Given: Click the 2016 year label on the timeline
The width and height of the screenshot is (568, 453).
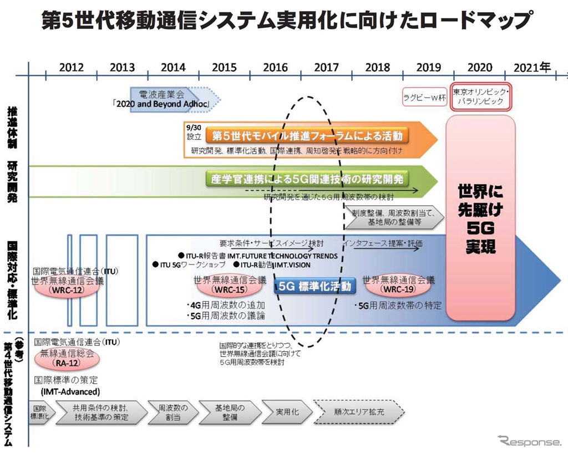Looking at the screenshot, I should click(275, 68).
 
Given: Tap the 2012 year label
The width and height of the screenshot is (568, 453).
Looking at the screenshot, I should click(72, 68).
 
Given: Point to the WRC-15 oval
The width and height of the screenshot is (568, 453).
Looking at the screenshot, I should click(221, 289).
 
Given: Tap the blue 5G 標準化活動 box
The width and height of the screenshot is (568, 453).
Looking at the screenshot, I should click(314, 287).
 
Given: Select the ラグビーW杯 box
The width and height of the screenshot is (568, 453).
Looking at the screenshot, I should click(424, 98).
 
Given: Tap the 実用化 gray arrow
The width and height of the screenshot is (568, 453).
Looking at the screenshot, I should click(287, 413).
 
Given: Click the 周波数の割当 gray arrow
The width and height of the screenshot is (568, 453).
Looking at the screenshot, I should click(173, 413).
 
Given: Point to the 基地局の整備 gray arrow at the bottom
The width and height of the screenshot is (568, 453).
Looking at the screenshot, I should click(230, 413).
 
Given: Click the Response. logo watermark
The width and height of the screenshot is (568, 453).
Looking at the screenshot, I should click(530, 442).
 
